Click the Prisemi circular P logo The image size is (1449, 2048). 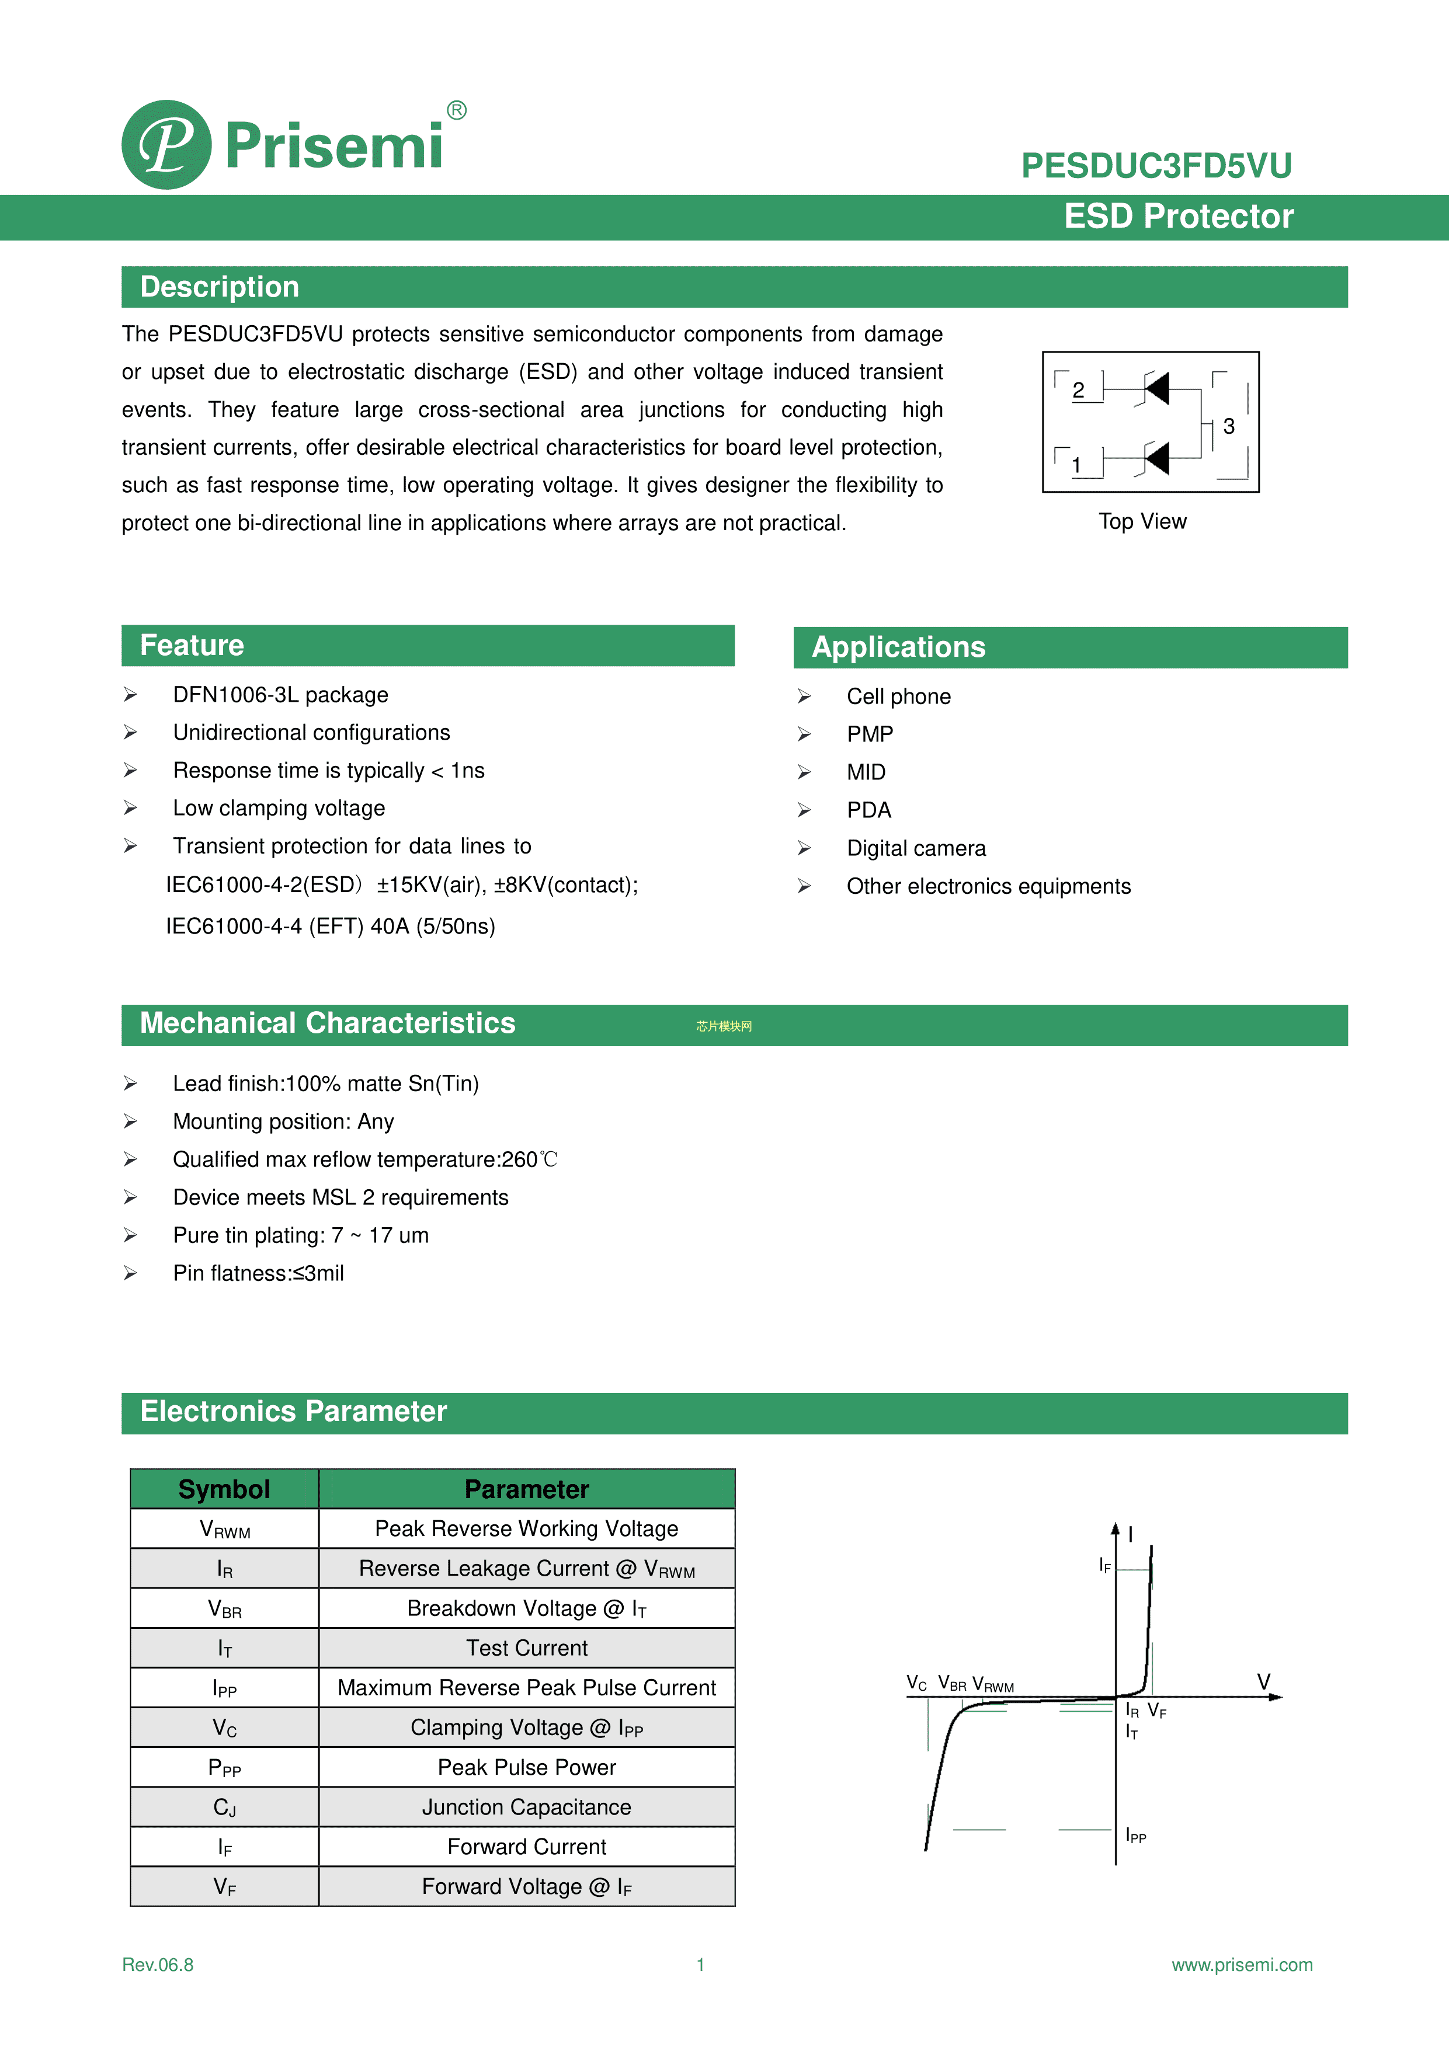[167, 145]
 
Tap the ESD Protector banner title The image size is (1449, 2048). [1178, 217]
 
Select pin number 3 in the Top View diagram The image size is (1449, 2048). [1229, 426]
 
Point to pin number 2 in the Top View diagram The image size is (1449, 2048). [1078, 390]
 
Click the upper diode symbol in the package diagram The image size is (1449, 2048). [1156, 388]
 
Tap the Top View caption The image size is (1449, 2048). [1142, 522]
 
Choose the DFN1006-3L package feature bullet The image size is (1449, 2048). [280, 695]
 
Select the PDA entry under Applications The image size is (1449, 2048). [868, 810]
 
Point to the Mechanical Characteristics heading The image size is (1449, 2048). [328, 1023]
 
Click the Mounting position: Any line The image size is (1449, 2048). [283, 1121]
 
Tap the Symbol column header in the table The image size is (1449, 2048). [224, 1489]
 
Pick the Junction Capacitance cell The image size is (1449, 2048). [526, 1807]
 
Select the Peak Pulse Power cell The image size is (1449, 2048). [526, 1767]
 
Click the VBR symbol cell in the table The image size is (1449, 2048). [224, 1609]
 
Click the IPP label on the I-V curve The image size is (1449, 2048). [1135, 1835]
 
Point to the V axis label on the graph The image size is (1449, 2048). [1263, 1681]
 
